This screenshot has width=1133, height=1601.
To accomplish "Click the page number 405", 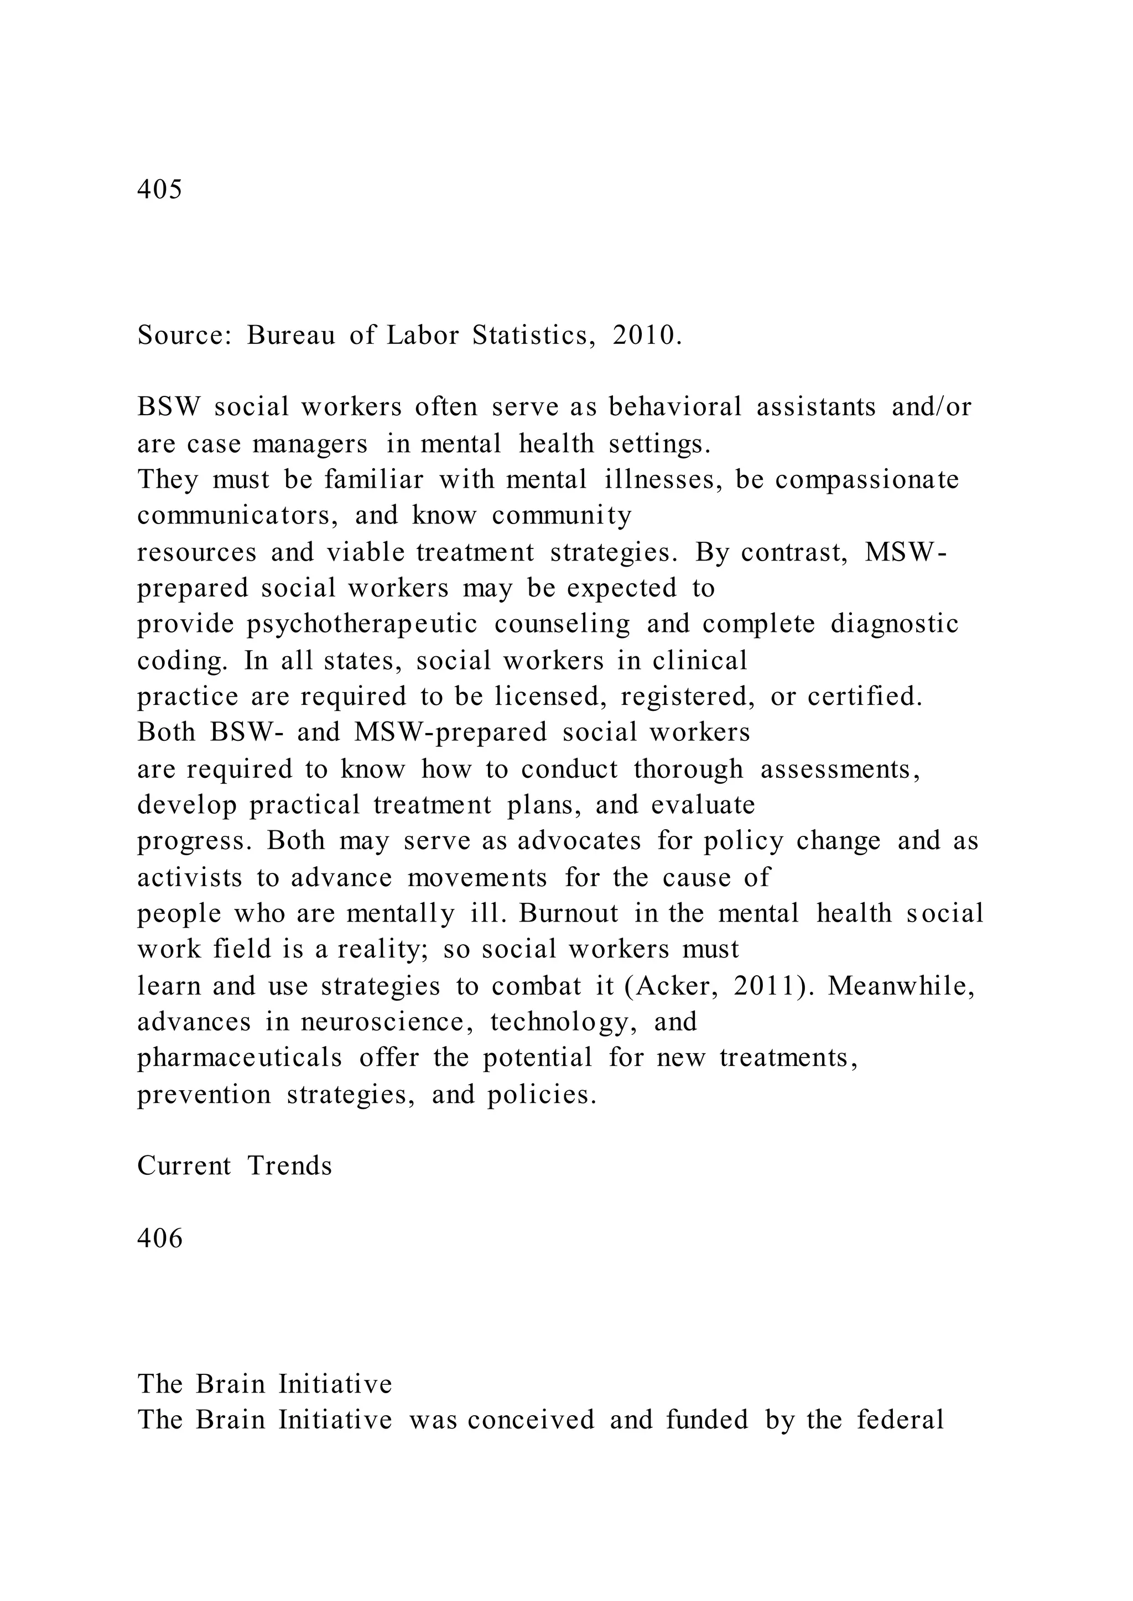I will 160,189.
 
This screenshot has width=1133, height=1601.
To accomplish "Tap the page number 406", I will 160,1238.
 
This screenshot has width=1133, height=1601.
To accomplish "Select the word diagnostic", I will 895,624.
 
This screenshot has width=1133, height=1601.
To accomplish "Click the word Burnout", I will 569,913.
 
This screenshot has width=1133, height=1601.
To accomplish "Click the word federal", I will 900,1420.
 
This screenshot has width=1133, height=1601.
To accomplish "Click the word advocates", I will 579,841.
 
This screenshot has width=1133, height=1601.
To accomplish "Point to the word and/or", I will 932,406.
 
